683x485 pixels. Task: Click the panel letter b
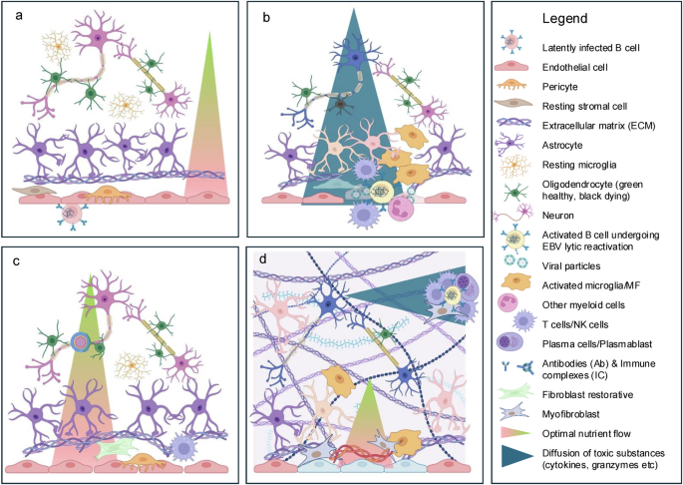point(265,17)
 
